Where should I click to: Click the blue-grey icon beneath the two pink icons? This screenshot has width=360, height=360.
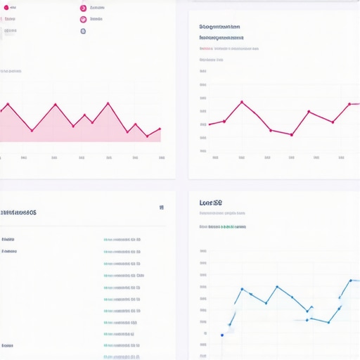(x=83, y=31)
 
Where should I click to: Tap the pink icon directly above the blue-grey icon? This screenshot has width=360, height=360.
(x=83, y=20)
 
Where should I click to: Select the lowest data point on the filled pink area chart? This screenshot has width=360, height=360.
(x=147, y=136)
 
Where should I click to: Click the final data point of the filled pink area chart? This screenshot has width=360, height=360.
(x=160, y=129)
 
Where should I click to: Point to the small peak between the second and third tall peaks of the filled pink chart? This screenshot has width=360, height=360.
(x=84, y=115)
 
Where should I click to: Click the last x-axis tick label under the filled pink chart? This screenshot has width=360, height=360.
(x=162, y=158)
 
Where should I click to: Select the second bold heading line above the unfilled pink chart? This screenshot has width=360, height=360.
(x=222, y=37)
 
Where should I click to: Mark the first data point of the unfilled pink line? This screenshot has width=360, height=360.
(x=210, y=124)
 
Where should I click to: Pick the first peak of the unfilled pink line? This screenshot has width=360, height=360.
(x=242, y=101)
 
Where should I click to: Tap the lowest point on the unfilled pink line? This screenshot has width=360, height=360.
(x=291, y=134)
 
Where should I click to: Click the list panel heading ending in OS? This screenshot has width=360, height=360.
(x=18, y=212)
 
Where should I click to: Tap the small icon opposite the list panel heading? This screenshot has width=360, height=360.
(x=162, y=207)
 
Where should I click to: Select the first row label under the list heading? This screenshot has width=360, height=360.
(x=8, y=239)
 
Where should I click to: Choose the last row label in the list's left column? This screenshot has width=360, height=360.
(x=8, y=345)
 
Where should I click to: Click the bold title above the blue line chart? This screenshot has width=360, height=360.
(x=211, y=202)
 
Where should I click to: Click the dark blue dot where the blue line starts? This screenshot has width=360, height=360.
(x=222, y=335)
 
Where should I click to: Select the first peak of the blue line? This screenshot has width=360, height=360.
(x=242, y=289)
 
